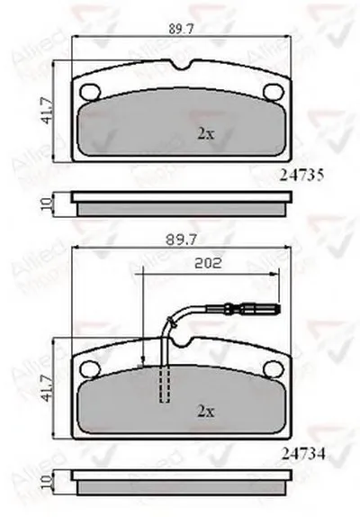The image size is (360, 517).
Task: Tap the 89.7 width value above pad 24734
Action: pyautogui.click(x=175, y=240)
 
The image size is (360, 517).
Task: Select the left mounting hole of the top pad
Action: pyautogui.click(x=89, y=92)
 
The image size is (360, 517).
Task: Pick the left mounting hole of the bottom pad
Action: pyautogui.click(x=89, y=367)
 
